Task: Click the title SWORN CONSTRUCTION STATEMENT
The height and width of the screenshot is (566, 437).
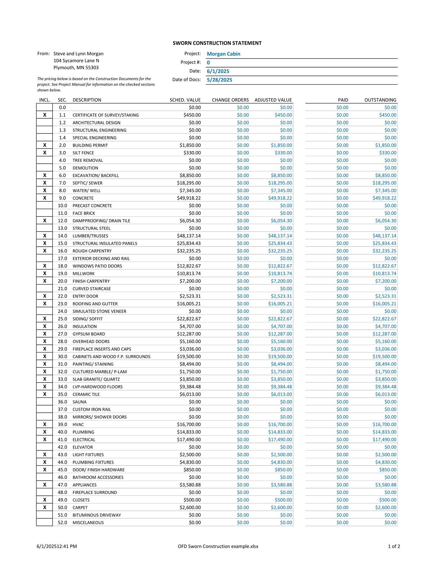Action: [x=217, y=43]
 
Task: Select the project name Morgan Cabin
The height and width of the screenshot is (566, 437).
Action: [x=223, y=54]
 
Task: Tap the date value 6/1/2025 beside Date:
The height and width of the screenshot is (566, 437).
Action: [x=218, y=71]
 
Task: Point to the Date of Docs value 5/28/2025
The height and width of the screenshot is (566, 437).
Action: [x=220, y=80]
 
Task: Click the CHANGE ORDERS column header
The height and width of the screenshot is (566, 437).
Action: [x=230, y=100]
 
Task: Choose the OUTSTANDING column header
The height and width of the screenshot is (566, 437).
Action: [x=380, y=100]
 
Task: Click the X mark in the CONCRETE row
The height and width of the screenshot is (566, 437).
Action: [x=45, y=198]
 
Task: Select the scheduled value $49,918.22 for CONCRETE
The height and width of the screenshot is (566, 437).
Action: [x=189, y=198]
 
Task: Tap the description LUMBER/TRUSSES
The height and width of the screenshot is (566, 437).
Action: [x=90, y=236]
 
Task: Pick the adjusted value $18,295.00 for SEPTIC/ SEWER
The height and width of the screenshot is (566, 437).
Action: [x=280, y=183]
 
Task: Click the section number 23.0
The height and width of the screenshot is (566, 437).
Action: [x=62, y=304]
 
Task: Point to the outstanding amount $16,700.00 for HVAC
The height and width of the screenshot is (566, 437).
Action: [x=384, y=424]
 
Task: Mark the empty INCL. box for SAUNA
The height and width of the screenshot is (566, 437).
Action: [x=45, y=402]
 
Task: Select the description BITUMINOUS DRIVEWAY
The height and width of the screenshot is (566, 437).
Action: [x=96, y=515]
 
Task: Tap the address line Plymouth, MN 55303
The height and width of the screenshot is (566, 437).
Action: [x=76, y=67]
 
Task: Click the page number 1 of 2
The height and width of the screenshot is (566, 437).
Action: [x=394, y=546]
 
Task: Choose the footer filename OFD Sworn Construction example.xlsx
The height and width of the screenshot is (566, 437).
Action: [x=218, y=546]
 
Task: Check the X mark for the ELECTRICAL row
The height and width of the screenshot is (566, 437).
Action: [x=45, y=439]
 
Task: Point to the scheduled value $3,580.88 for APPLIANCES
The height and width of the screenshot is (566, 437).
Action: [x=190, y=485]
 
